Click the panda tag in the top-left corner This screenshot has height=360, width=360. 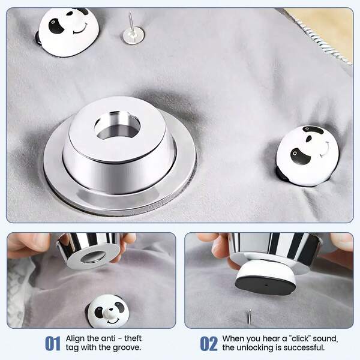[68, 31]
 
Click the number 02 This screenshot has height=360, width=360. [208, 344]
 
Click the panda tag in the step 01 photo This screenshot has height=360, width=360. [109, 310]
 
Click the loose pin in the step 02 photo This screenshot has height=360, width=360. [250, 316]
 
